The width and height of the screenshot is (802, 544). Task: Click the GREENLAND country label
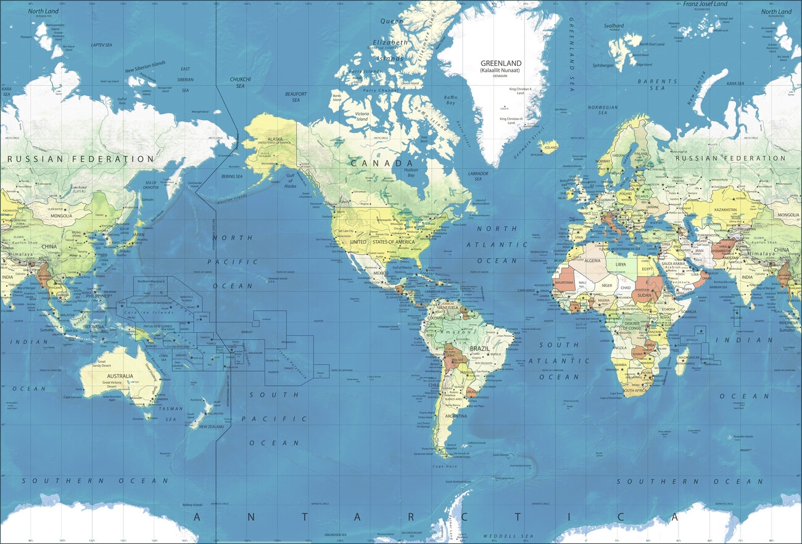click(x=501, y=63)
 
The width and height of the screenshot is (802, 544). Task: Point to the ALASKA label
click(x=275, y=139)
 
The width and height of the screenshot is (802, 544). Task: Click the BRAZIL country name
click(x=479, y=348)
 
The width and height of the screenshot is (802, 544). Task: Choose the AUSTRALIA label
click(x=120, y=376)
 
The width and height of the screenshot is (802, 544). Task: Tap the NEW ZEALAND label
click(x=211, y=427)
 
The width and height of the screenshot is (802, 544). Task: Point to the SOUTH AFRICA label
click(x=635, y=391)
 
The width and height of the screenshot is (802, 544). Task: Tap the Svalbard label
click(x=614, y=26)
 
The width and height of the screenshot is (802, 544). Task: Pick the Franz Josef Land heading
click(x=705, y=4)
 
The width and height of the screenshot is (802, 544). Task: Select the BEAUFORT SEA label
click(x=296, y=97)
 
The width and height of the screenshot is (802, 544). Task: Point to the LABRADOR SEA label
click(x=478, y=176)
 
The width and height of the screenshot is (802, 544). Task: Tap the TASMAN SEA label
click(x=171, y=413)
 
